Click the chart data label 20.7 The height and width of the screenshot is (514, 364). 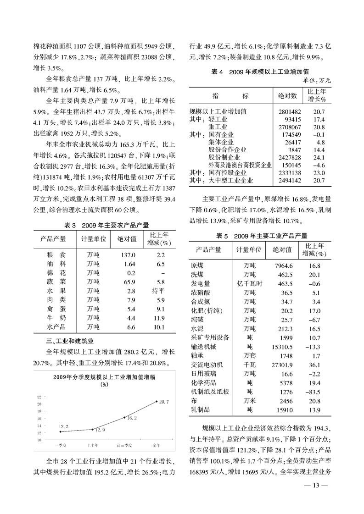pos(164,402)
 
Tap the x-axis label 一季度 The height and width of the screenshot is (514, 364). pos(61,445)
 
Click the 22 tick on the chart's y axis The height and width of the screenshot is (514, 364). pos(39,397)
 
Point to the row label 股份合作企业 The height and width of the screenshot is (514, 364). pos(228,149)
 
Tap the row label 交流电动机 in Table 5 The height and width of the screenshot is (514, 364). pos(207,365)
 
